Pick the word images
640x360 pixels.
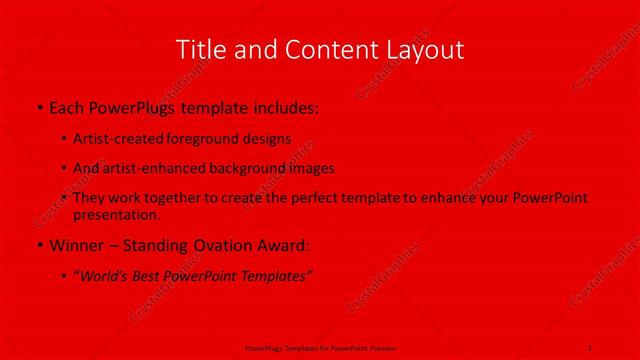coord(311,168)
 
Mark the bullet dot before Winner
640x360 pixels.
coord(38,245)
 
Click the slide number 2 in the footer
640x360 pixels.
coord(589,347)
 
